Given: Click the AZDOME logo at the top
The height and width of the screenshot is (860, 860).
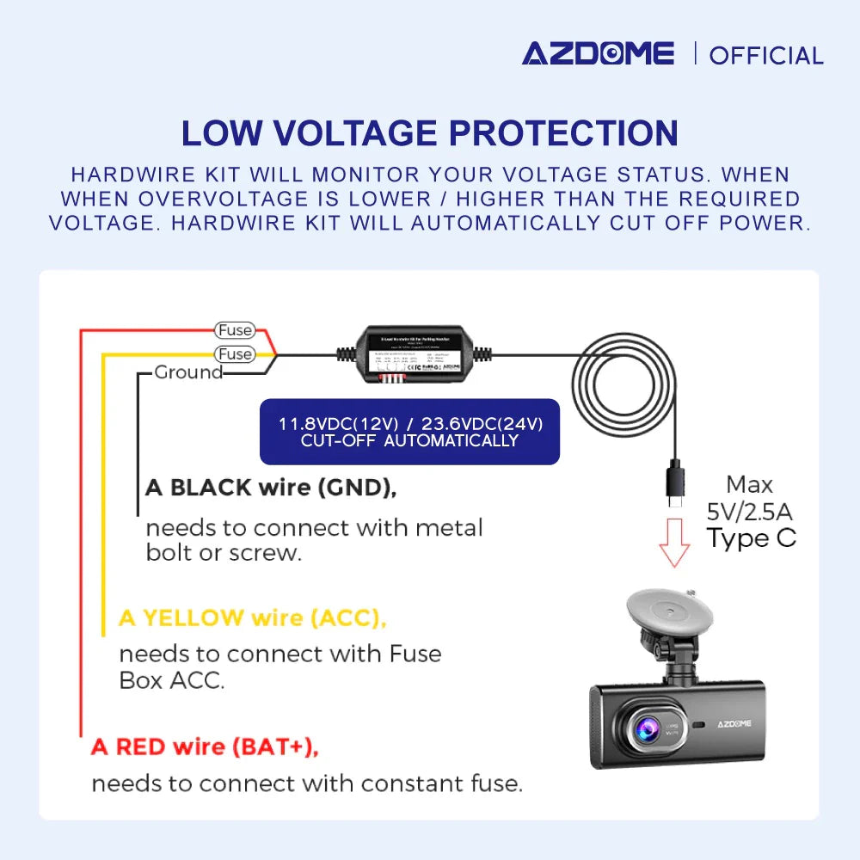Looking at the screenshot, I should click(x=598, y=53).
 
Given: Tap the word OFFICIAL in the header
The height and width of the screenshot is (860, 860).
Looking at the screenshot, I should click(x=766, y=56).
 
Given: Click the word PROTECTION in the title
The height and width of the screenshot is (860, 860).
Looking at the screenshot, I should click(x=564, y=133).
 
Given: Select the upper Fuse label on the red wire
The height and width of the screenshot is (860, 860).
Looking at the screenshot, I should click(x=235, y=330).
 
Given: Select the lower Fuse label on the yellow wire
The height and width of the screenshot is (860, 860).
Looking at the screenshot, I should click(x=235, y=354).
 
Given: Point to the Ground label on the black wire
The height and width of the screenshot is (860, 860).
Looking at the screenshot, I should click(x=188, y=372).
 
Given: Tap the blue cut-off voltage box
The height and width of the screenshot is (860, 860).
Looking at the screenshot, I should click(x=409, y=432).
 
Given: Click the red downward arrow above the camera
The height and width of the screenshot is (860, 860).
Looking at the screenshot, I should click(x=675, y=541).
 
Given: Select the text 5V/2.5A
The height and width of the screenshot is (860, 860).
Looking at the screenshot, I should click(x=750, y=513).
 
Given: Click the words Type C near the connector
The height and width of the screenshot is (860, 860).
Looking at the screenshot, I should click(x=751, y=539).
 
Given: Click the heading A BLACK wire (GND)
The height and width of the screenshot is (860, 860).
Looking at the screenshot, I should click(x=271, y=488).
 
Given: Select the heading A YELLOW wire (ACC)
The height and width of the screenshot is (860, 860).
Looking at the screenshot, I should click(x=252, y=617).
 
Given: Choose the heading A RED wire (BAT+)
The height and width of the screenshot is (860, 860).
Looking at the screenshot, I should click(x=205, y=746).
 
